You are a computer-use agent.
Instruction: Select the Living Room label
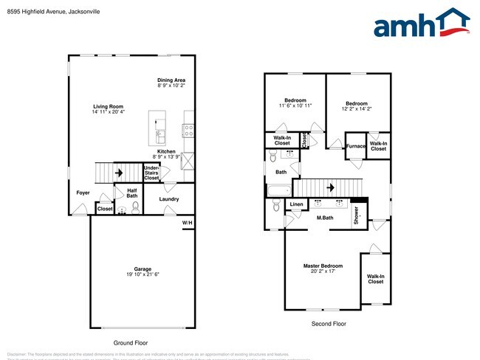(x=109, y=108)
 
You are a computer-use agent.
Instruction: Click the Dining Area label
(x=171, y=82)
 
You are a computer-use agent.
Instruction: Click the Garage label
(x=143, y=271)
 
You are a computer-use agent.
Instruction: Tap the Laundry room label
(x=169, y=199)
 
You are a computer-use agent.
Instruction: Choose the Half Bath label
(x=132, y=193)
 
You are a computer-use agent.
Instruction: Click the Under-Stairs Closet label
(x=151, y=173)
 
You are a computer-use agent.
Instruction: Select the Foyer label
(x=83, y=193)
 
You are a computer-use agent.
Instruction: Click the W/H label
(x=188, y=222)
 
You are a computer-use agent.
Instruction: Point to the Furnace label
(x=356, y=146)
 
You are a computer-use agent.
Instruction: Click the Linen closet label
(x=296, y=204)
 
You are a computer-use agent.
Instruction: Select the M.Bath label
(x=326, y=218)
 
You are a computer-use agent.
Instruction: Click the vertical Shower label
(x=356, y=215)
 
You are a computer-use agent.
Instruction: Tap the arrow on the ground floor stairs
(x=118, y=173)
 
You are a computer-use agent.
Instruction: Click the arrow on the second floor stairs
(x=328, y=187)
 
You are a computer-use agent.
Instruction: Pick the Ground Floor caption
(x=131, y=343)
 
